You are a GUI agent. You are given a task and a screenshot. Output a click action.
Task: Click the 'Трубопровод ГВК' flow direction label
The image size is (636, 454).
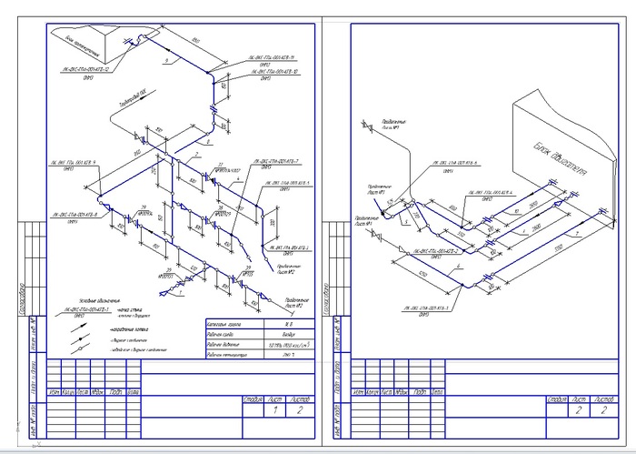click(128, 95)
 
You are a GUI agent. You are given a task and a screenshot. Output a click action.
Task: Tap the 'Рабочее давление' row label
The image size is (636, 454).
click(228, 346)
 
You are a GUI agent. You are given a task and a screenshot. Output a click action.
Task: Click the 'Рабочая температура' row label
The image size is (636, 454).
click(231, 358)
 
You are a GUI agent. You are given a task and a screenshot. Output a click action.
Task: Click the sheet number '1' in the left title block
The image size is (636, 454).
click(275, 411)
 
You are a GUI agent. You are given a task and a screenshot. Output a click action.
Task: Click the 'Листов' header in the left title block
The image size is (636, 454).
click(300, 399)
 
